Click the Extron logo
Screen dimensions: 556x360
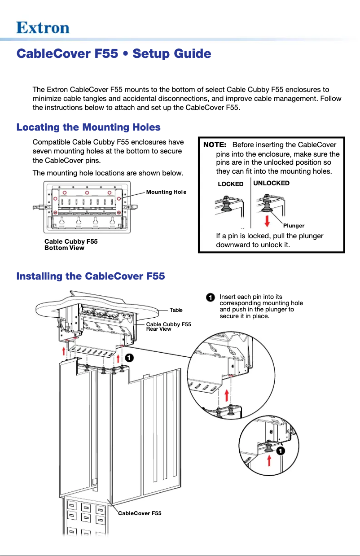43,28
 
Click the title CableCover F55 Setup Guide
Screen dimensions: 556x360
114,54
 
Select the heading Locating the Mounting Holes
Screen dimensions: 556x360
88,127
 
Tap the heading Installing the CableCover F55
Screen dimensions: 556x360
91,276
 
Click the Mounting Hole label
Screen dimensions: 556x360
166,192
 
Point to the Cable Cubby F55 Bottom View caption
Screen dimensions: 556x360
70,245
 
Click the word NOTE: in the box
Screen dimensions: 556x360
215,145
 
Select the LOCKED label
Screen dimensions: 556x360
230,184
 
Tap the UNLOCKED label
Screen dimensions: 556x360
271,183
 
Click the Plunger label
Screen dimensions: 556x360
294,226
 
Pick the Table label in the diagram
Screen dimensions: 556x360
176,310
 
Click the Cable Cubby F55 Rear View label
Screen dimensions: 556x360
168,326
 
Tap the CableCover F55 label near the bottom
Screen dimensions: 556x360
139,513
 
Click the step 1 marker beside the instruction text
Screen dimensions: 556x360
210,298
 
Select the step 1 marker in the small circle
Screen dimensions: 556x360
280,451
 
